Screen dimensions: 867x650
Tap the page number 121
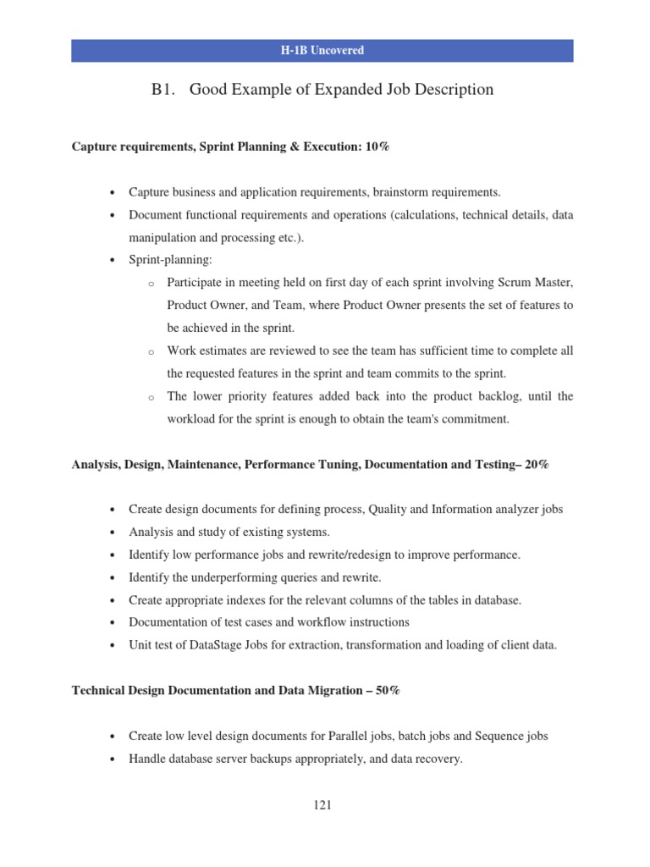[322, 805]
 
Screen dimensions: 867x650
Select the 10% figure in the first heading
[377, 147]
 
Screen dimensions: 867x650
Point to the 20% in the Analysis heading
[537, 465]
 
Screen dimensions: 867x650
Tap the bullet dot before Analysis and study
[113, 533]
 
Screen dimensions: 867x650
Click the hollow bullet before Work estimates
[150, 351]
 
